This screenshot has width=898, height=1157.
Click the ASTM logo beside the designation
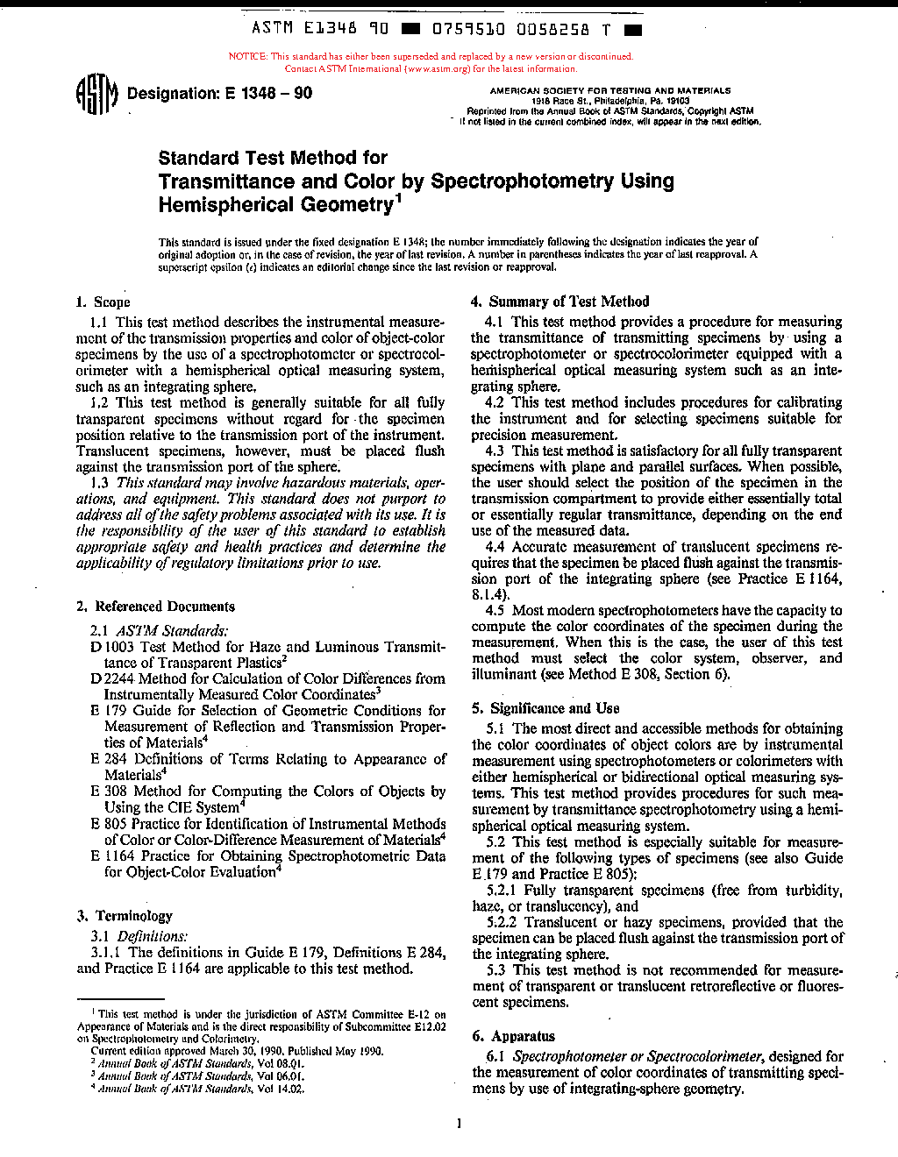click(x=97, y=95)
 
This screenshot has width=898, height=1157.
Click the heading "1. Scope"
click(x=103, y=302)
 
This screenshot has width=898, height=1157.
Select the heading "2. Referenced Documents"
click(x=156, y=607)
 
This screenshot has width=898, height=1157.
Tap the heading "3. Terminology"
click(x=125, y=916)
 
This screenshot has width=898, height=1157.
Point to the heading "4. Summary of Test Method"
click(x=560, y=302)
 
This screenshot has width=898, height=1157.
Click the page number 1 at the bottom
click(x=459, y=1124)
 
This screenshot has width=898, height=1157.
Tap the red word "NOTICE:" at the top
click(x=247, y=57)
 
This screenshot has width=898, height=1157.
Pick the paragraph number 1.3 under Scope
click(x=100, y=483)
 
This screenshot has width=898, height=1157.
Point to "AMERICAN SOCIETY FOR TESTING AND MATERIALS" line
click(x=610, y=90)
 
